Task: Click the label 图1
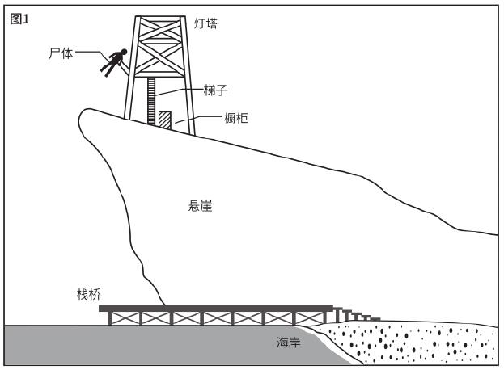19,19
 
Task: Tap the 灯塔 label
205,23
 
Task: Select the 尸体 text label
61,53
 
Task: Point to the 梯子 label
216,90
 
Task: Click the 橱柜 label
236,118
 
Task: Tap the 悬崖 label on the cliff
201,206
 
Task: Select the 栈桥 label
89,294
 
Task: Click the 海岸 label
288,342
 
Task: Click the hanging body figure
114,62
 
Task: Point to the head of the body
124,52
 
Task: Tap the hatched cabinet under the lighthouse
165,120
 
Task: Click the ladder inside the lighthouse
151,100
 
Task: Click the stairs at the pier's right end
357,314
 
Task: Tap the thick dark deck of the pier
216,309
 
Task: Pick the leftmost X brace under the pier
125,318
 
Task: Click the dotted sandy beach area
409,343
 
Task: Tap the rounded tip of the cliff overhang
80,118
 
